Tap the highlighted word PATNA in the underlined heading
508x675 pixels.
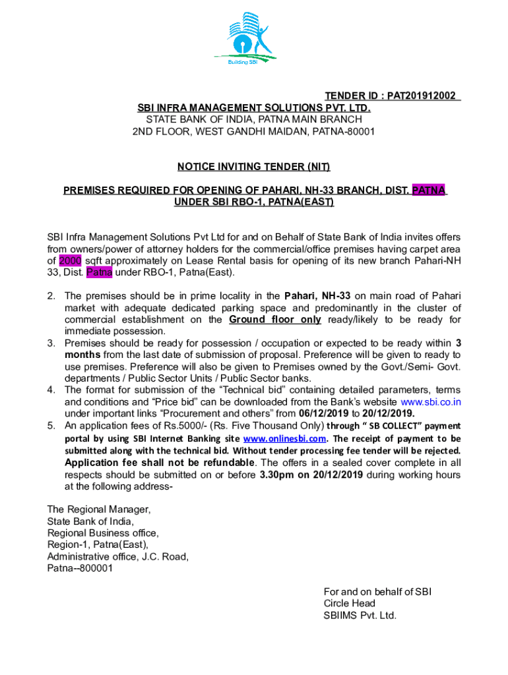tap(429, 191)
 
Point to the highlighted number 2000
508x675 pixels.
tap(70, 260)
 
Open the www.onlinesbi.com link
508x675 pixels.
tap(284, 438)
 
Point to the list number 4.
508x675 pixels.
tap(51, 390)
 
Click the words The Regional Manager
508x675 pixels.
tap(99, 510)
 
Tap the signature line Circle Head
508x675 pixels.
tap(349, 603)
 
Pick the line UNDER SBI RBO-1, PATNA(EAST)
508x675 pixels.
tap(253, 202)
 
